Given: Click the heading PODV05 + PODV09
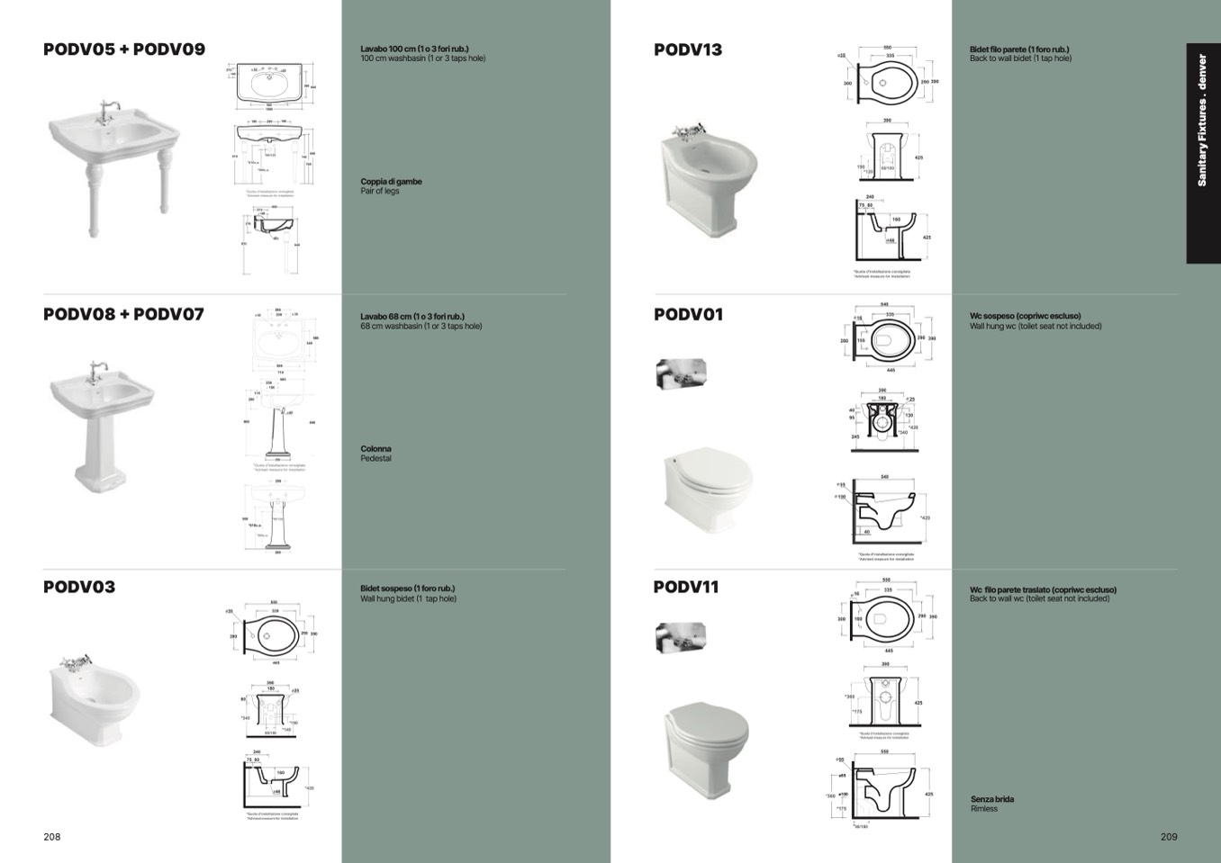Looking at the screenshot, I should click(x=124, y=49).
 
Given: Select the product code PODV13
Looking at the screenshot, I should click(x=688, y=49).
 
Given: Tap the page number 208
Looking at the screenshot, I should click(x=52, y=836).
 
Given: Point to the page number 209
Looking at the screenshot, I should click(x=1169, y=836).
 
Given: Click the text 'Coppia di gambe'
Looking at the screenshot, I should click(x=391, y=182).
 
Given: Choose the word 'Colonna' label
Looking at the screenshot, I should click(x=375, y=448).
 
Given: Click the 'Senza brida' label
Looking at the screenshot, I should click(x=992, y=799).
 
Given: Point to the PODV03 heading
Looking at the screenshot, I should click(x=79, y=587).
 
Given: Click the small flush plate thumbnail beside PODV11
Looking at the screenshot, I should click(x=680, y=637).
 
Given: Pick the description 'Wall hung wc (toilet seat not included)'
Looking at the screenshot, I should click(x=1036, y=326).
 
